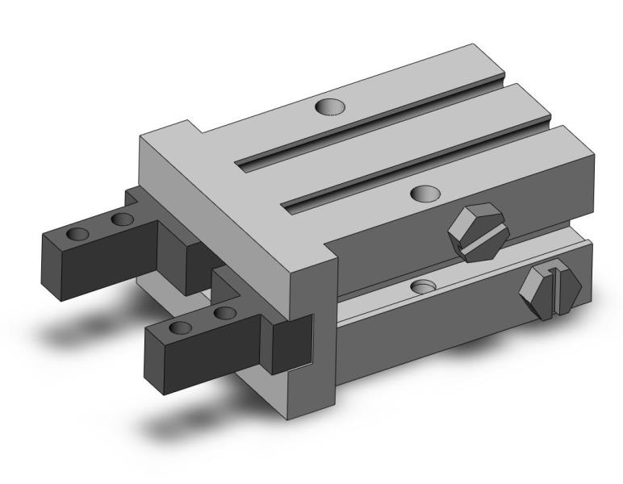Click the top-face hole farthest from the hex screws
(328, 106)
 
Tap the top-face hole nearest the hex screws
(424, 192)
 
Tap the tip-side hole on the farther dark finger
(78, 234)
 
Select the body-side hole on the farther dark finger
(123, 219)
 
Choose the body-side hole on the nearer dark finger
(227, 312)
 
